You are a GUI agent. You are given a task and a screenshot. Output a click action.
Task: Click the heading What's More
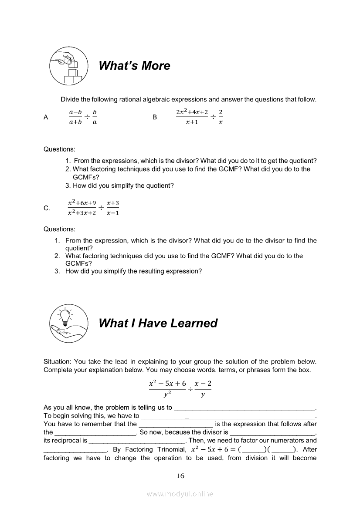(134, 66)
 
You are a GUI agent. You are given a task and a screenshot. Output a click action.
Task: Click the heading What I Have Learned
(158, 323)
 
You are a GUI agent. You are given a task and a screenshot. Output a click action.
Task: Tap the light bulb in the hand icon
(68, 324)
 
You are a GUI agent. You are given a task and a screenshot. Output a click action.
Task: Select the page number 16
(180, 476)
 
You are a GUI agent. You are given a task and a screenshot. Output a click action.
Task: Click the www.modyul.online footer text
(180, 494)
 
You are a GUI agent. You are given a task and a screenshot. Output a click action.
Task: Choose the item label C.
(47, 209)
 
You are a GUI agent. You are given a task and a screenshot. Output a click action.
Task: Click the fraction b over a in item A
(95, 117)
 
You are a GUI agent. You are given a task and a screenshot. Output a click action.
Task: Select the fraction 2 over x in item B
(221, 117)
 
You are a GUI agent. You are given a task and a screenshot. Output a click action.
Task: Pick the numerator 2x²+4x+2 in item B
(192, 112)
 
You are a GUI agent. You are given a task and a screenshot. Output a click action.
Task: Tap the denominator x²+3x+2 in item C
(82, 213)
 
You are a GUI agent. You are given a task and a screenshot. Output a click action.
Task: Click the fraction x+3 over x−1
(112, 208)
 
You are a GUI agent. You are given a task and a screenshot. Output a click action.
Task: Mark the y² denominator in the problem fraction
(167, 395)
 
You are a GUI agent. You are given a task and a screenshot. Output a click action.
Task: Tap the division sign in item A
(87, 117)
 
